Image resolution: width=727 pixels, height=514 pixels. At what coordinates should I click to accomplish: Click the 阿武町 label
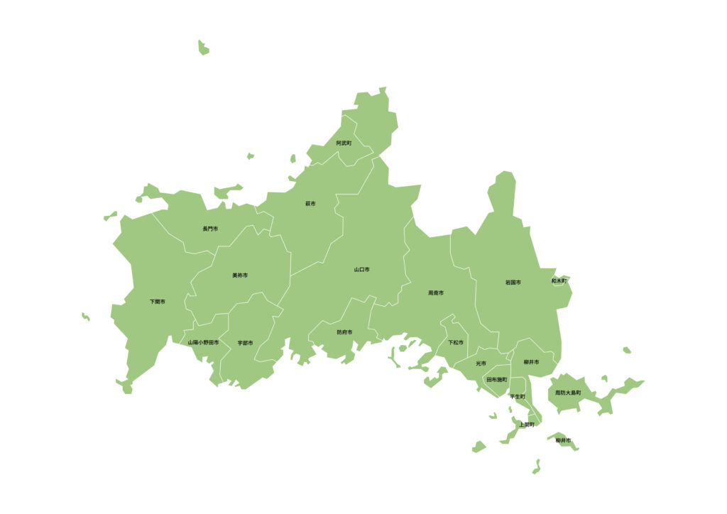344,143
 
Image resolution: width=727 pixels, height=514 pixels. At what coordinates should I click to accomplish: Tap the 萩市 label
310,204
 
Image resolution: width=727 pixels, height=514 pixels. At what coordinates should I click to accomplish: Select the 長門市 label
210,229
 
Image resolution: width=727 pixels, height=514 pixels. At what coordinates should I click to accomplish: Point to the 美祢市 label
240,275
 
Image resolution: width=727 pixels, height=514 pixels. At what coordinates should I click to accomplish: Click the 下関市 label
158,302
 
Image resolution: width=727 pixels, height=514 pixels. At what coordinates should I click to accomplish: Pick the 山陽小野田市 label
204,342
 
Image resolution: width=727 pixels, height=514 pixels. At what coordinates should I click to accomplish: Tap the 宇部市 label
246,343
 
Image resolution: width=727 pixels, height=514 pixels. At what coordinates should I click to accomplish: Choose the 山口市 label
362,270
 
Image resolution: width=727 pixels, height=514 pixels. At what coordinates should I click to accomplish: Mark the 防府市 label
344,332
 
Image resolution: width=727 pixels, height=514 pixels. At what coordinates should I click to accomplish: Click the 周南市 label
436,292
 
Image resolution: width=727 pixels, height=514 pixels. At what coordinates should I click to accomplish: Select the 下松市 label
456,342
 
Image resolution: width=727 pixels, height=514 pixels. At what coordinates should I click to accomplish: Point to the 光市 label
481,363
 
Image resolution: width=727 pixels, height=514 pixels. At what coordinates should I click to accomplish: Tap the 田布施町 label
497,380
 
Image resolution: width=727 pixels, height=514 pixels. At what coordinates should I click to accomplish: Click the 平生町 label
518,397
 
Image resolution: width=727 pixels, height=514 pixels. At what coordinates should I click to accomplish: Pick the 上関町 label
526,425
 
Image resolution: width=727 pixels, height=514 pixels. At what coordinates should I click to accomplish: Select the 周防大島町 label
568,393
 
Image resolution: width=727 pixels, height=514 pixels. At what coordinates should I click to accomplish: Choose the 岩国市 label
513,283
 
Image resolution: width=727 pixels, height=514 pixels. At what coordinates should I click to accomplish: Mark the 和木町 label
559,281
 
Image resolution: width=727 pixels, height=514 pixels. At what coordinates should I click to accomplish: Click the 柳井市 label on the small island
564,441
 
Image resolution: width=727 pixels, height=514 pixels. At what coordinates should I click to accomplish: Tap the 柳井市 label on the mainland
531,362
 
